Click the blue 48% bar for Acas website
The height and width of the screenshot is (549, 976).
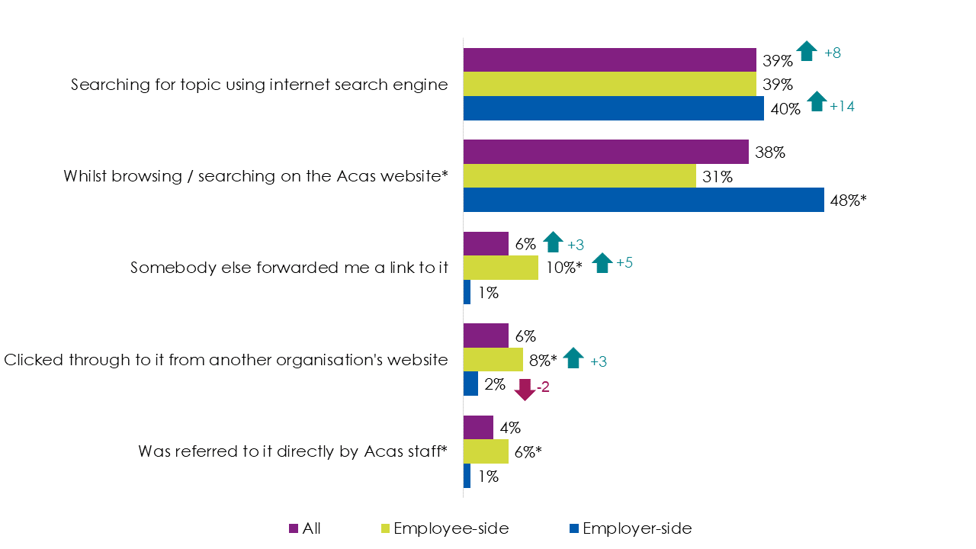(x=644, y=200)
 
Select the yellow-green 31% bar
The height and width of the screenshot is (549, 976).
(x=579, y=176)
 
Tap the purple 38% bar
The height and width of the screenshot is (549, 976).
(x=605, y=152)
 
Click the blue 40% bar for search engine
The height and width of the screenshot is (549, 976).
(x=613, y=108)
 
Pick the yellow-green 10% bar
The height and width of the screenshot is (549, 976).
(x=500, y=268)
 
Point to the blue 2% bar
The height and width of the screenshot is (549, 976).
(x=470, y=384)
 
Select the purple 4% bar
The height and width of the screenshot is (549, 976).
(x=478, y=428)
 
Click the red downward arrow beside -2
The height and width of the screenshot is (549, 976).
(x=525, y=389)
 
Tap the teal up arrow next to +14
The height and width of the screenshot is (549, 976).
(x=817, y=101)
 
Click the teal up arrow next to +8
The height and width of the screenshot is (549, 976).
(x=806, y=51)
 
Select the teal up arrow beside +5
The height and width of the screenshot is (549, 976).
(x=602, y=262)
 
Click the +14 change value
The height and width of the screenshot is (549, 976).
(x=842, y=107)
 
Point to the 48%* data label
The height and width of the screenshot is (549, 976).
(x=849, y=201)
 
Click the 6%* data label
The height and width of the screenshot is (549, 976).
(x=527, y=452)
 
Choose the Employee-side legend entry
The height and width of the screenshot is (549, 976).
(x=444, y=528)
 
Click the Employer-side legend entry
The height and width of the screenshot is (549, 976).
(x=631, y=528)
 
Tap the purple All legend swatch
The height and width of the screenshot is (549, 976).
(x=293, y=528)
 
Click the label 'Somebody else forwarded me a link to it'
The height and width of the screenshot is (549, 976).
(x=289, y=268)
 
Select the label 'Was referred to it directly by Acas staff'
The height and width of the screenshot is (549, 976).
(x=293, y=451)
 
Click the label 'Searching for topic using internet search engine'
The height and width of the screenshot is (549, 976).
(x=259, y=85)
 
